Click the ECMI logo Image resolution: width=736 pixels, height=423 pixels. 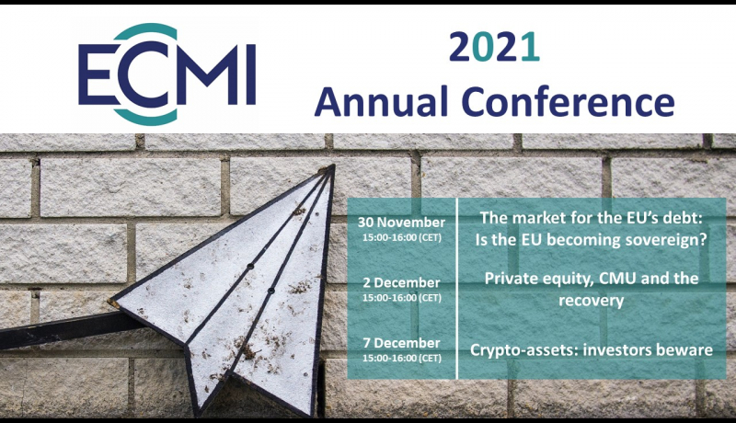(167, 74)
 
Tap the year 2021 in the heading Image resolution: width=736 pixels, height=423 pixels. (494, 47)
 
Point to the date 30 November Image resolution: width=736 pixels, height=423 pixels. (401, 223)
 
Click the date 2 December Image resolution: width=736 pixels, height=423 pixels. (401, 283)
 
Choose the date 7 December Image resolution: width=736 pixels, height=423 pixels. (401, 343)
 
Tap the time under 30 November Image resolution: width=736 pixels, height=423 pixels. (402, 237)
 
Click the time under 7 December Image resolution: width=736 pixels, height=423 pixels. (402, 359)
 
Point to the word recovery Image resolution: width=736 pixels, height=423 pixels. (592, 301)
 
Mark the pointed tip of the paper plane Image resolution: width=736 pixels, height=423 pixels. (333, 166)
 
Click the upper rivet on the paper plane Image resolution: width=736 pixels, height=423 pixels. (250, 266)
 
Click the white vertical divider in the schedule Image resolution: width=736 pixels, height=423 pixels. (456, 289)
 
